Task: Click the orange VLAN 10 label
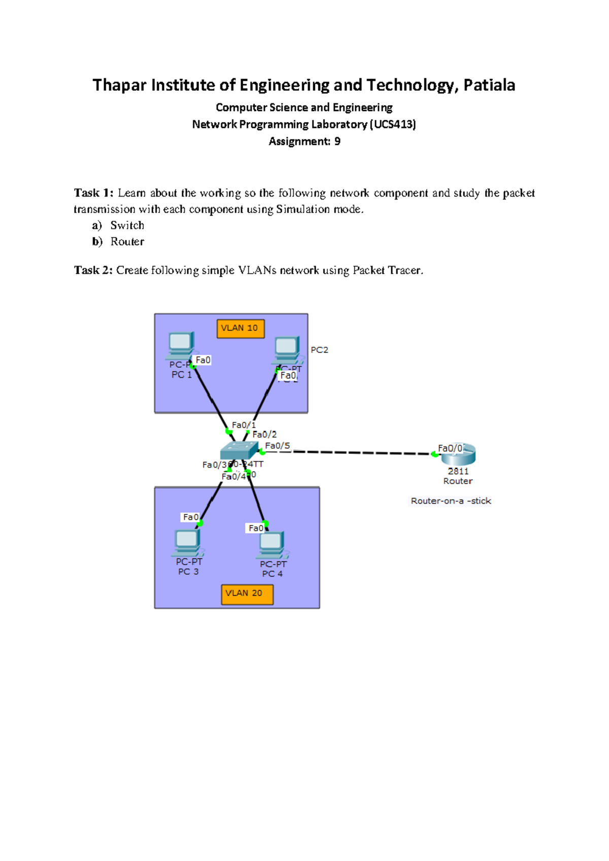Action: click(241, 328)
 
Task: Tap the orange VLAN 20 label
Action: click(247, 594)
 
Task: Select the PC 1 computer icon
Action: click(181, 344)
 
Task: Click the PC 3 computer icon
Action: click(187, 542)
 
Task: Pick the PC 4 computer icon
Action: click(272, 545)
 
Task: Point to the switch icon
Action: click(239, 450)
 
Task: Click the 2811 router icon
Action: click(458, 455)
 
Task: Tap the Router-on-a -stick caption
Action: click(451, 501)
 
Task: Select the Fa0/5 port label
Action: click(278, 446)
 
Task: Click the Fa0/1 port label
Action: click(244, 425)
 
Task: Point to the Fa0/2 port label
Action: click(264, 435)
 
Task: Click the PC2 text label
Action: click(319, 350)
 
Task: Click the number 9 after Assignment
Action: click(337, 142)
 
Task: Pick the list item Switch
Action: click(127, 225)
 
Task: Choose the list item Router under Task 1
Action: click(127, 242)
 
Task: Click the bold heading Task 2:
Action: click(93, 270)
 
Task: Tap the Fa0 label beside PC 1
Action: click(203, 360)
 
